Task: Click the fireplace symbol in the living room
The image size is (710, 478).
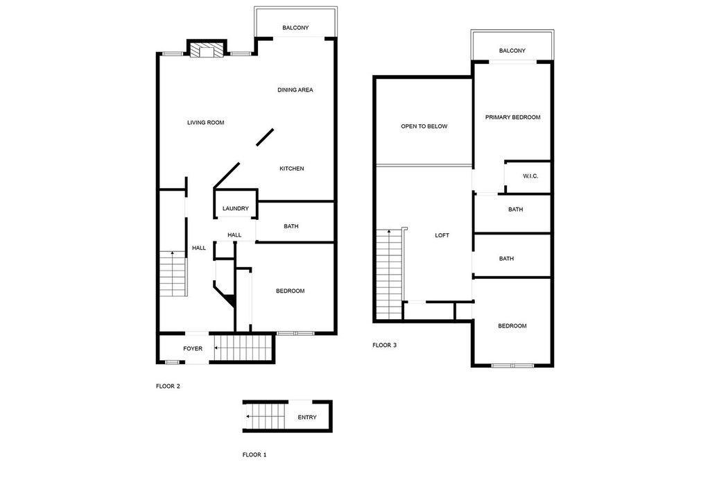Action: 207,50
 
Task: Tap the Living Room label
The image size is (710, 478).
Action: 205,122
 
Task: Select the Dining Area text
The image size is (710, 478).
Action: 295,89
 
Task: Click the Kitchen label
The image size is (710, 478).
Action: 292,169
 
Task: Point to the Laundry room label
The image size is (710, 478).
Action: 236,208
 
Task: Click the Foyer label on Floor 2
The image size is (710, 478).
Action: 193,348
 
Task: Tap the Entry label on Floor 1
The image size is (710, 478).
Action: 307,417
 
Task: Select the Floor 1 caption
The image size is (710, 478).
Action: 254,455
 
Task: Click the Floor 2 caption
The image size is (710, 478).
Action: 168,386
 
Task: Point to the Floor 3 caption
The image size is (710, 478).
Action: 384,345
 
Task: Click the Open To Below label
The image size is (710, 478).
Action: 424,126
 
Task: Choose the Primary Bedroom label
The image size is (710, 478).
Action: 512,117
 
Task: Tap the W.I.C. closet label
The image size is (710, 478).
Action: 530,176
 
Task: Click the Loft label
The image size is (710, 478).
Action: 442,235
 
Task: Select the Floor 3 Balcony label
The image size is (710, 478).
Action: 512,51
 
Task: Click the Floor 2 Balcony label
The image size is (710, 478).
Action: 295,28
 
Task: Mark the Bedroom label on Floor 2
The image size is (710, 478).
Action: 291,291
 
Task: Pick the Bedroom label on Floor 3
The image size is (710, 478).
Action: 512,326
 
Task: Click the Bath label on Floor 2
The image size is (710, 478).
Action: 291,226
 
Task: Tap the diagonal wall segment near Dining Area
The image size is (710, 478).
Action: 265,137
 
